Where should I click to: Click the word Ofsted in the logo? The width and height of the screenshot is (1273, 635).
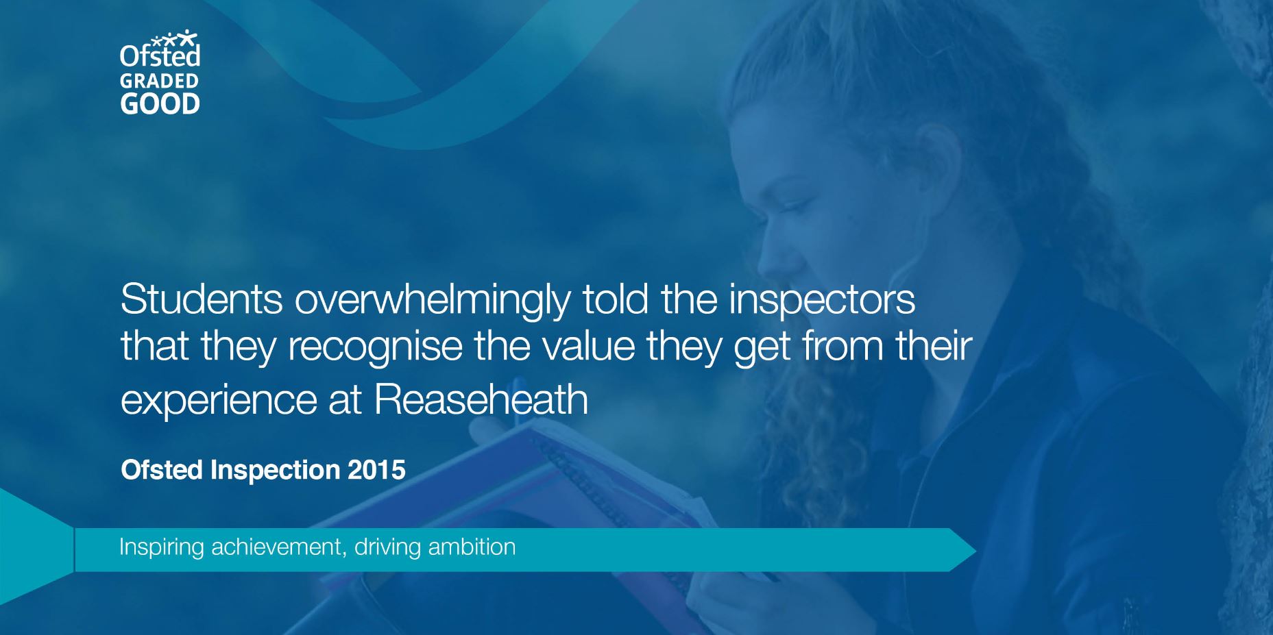[x=160, y=55]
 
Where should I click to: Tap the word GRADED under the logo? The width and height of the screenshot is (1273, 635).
[x=160, y=81]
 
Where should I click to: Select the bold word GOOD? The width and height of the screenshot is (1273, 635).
[x=160, y=103]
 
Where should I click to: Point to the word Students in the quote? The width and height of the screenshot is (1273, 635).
[x=202, y=299]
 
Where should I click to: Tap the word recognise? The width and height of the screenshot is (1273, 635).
[x=375, y=347]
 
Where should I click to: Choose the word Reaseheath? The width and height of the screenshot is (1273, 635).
[x=481, y=399]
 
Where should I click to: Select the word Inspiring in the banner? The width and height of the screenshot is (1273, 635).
[x=162, y=548]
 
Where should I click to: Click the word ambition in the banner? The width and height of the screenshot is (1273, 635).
[x=472, y=547]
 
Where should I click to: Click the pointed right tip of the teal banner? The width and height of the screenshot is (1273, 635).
[x=975, y=550]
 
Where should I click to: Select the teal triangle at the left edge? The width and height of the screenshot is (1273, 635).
[x=31, y=548]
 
